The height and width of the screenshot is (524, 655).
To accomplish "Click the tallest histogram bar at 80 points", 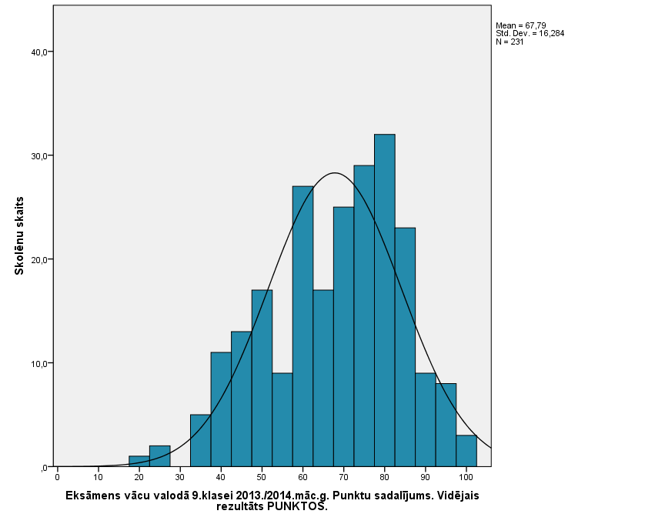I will coord(385,300).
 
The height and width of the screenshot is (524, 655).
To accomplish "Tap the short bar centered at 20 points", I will coord(139,462).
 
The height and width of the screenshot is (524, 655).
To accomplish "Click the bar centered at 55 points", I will coord(282,419).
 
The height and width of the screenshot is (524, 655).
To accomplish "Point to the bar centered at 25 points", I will coord(159,456).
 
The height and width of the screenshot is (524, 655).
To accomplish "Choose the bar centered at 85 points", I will coord(405,346).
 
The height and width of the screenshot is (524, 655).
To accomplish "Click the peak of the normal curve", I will coord(335,173).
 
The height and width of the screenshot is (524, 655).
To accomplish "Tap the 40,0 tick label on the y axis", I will coord(38,52).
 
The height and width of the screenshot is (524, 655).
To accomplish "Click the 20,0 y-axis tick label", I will coord(38,259).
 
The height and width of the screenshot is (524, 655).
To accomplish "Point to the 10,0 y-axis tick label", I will coord(38,363).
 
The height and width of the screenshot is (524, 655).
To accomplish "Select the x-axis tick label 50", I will coord(262,477).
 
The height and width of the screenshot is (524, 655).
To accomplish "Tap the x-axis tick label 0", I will coord(57,477).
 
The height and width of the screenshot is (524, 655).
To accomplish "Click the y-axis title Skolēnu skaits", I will coord(20,235).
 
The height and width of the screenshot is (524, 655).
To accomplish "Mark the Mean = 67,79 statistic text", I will coord(521,25).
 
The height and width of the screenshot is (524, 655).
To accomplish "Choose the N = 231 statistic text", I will coord(510,42).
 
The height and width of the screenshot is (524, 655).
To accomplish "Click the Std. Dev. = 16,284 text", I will coord(530,33).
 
